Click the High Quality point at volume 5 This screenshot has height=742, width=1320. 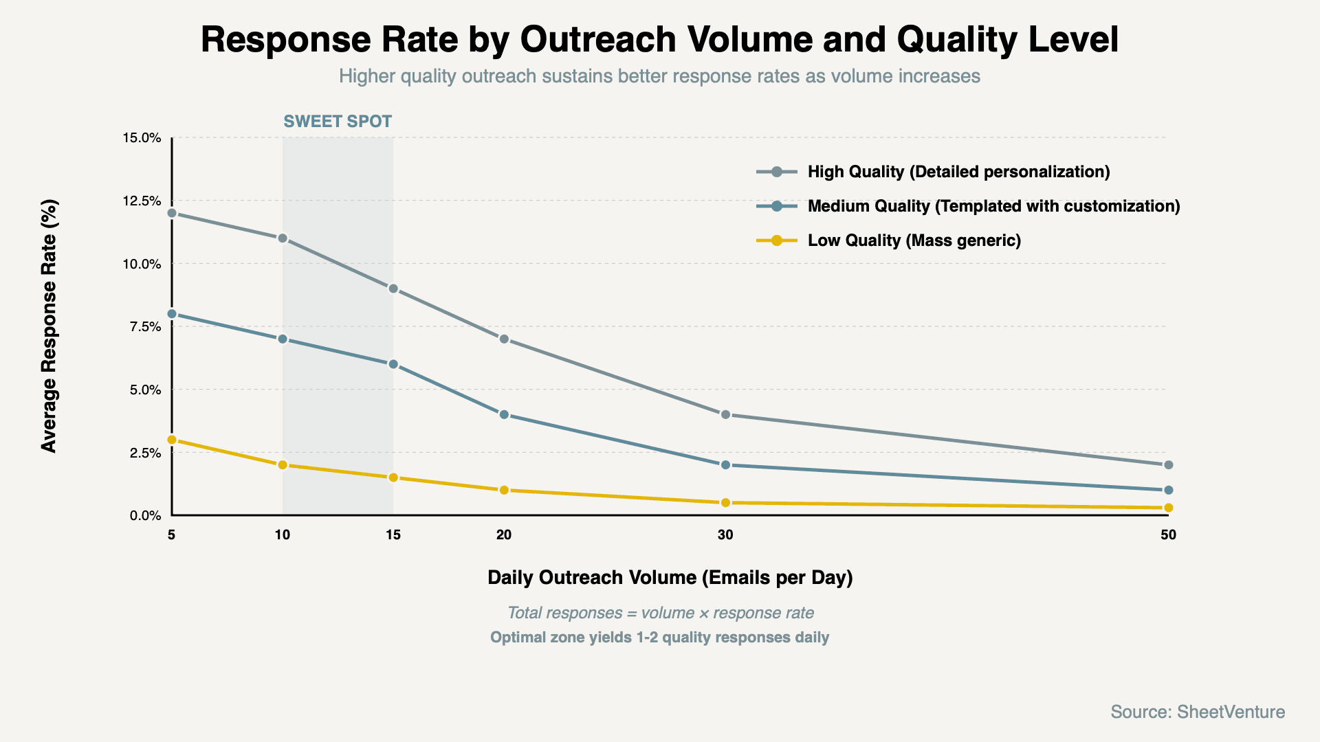coord(172,213)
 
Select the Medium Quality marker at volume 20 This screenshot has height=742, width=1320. coord(504,414)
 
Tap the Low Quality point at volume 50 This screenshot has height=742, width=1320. coord(1167,508)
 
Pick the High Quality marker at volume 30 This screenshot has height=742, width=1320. coord(725,414)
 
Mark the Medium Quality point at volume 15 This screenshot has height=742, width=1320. coord(393,364)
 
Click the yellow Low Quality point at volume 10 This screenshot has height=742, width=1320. coord(283,465)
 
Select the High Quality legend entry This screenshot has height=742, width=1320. coord(958,172)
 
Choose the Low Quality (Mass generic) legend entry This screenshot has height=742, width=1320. coord(914,240)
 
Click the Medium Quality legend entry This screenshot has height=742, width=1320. coord(993,206)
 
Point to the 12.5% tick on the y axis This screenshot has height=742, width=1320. coord(142,201)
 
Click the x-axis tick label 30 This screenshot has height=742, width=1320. coord(725,535)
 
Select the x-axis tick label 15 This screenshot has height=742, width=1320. coord(393,535)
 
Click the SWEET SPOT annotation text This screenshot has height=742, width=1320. coord(338,122)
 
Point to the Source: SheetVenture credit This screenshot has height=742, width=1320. coord(1198,712)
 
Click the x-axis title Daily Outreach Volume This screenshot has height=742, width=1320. coord(670,577)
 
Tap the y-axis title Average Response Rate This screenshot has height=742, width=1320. coord(49,326)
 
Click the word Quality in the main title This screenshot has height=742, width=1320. coord(956,39)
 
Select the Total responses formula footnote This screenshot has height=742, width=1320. coord(660,613)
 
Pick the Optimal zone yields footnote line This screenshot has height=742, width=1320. coord(659,638)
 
